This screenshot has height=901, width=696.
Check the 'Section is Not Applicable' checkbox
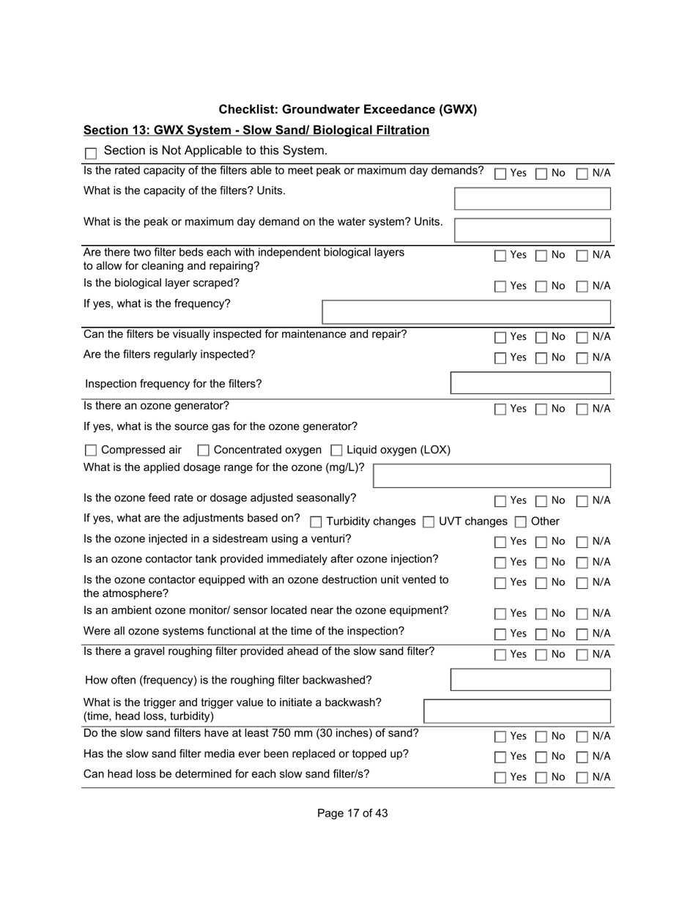point(91,153)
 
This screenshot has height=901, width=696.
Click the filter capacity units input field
point(532,199)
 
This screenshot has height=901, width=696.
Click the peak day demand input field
point(532,229)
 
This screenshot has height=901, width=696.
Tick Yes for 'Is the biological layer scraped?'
point(500,286)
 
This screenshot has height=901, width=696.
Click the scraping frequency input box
point(466,311)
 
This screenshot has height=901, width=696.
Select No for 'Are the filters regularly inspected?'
point(541,358)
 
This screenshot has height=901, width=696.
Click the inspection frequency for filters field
point(530,383)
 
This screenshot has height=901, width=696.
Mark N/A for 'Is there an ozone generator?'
point(582,409)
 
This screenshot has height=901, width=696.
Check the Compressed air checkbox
point(91,450)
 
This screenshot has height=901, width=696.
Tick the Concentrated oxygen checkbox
point(204,450)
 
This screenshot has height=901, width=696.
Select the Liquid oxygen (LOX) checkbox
point(337,450)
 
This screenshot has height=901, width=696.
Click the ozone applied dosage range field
point(492,475)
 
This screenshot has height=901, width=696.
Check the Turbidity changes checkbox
point(316,522)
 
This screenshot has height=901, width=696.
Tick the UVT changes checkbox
point(429,522)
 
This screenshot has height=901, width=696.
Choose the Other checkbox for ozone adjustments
point(520,522)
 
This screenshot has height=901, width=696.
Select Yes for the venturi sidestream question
point(500,542)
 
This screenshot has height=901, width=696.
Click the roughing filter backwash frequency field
point(530,680)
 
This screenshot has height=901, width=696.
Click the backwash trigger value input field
point(517,711)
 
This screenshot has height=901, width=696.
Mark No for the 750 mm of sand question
point(541,737)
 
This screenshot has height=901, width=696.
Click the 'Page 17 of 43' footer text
point(352,813)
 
